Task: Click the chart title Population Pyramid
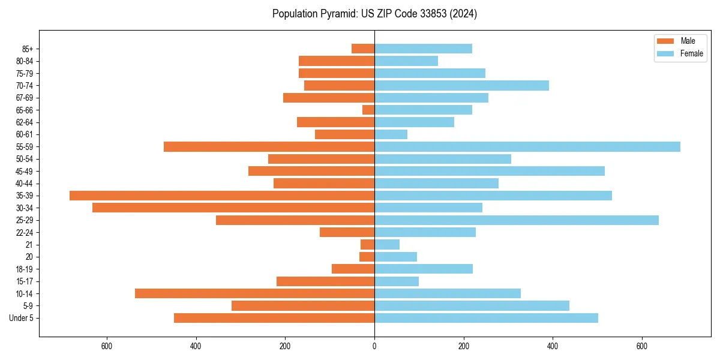pos(374,14)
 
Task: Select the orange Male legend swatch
pos(665,41)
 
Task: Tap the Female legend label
pos(692,53)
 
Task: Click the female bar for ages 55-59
pos(527,146)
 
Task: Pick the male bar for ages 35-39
pos(222,196)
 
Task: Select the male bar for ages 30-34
pos(233,208)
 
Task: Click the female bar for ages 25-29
pos(516,220)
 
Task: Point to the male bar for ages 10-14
pos(254,293)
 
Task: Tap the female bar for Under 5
pos(486,318)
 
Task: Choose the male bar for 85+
pos(363,49)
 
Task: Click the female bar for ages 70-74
pos(461,85)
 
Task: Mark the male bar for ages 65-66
pos(368,110)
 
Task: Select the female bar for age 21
pos(387,244)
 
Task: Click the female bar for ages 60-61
pos(391,134)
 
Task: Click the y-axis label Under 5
pos(21,318)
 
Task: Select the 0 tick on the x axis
pos(374,346)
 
